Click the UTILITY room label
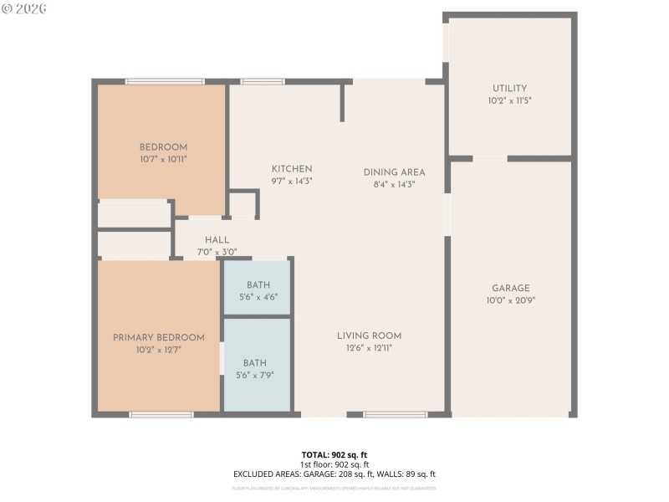click(510, 88)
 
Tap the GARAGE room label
click(510, 289)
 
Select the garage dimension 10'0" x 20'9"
click(510, 300)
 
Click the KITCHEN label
click(292, 168)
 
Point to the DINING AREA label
click(395, 172)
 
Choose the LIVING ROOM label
click(370, 336)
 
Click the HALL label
click(217, 240)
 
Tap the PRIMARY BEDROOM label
click(159, 338)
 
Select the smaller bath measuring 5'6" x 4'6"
click(257, 290)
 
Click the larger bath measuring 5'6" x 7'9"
click(255, 368)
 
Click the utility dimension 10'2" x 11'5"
click(510, 100)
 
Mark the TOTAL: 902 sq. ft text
click(334, 454)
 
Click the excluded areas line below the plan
click(334, 474)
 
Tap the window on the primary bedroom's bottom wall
click(161, 414)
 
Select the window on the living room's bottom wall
click(396, 414)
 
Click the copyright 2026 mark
click(24, 8)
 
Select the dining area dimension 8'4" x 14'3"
click(395, 184)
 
